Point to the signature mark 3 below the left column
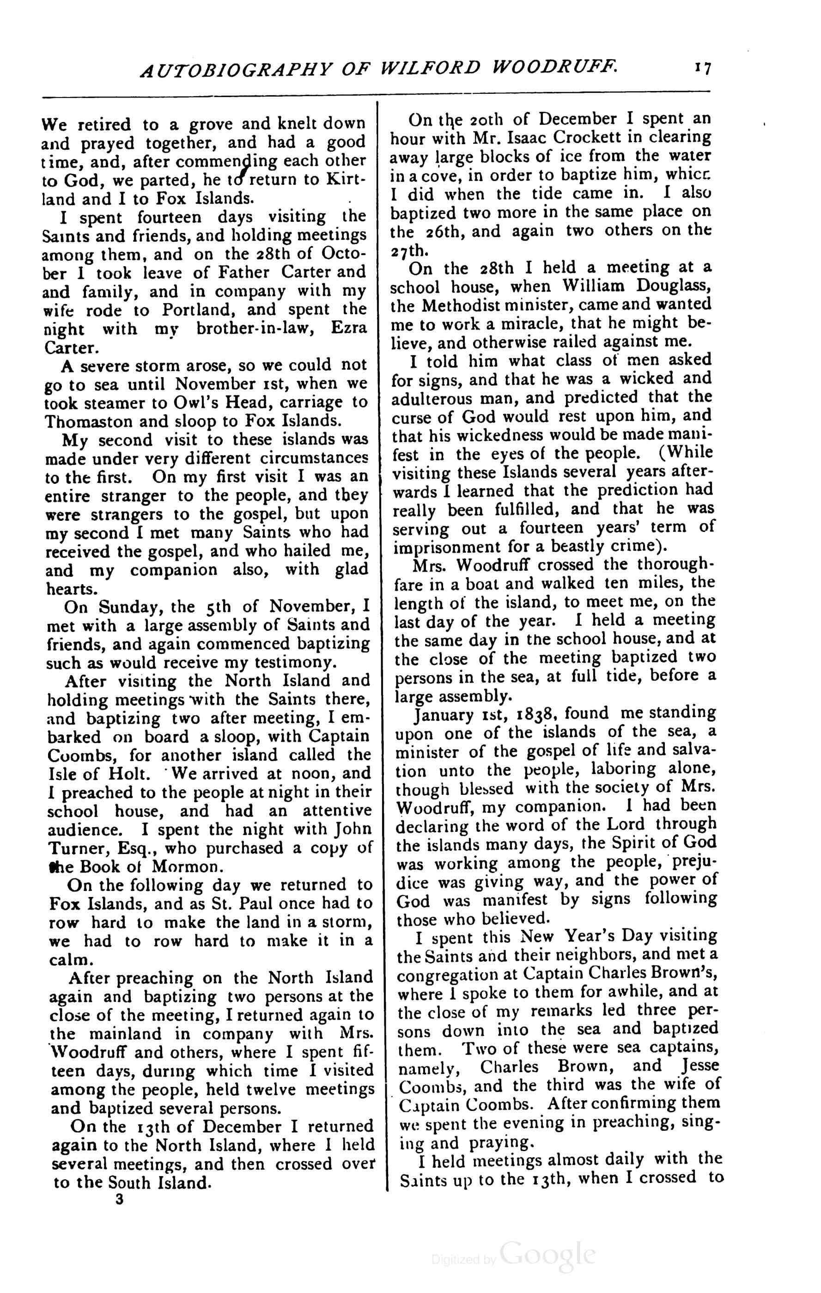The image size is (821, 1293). pos(119,1200)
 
